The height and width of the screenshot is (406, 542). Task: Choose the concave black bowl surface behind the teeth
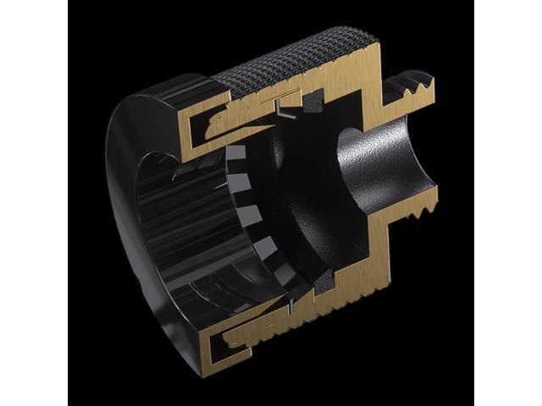pos(296,211)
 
